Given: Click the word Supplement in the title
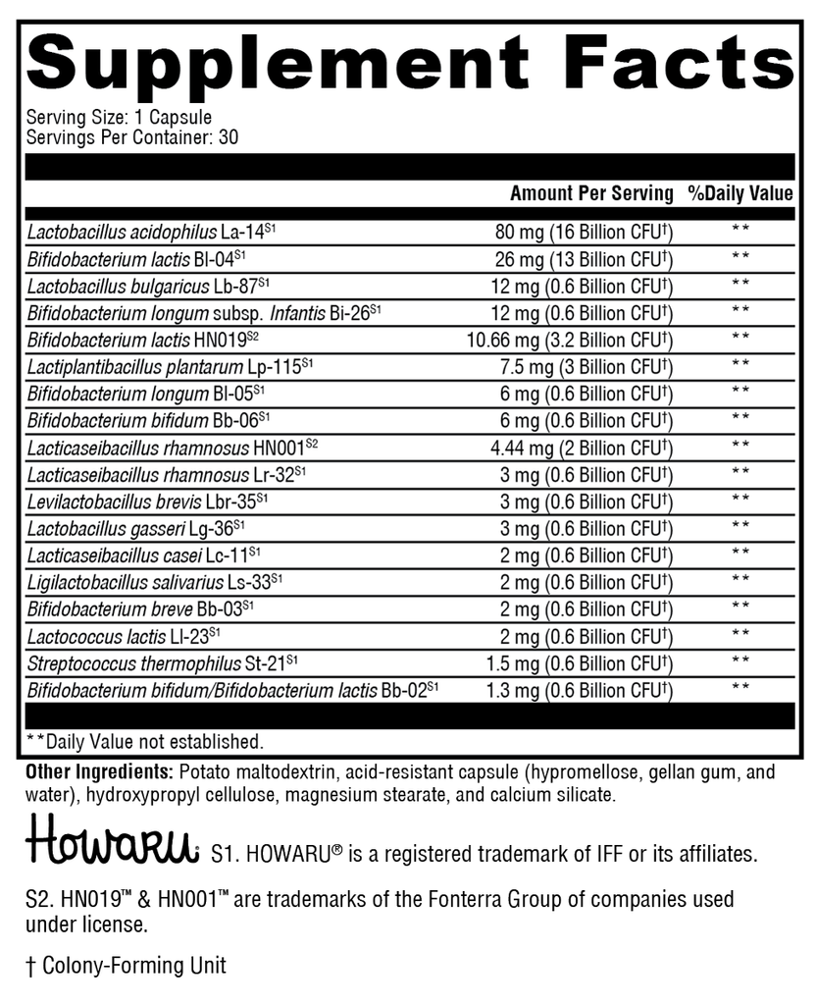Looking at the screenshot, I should click(x=277, y=64).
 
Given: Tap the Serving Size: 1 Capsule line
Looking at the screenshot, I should click(x=119, y=117).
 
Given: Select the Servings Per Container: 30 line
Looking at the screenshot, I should click(x=131, y=137).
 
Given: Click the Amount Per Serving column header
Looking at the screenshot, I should click(x=591, y=193).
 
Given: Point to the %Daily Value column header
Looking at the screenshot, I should click(x=740, y=193).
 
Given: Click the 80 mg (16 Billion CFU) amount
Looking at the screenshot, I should click(x=583, y=233).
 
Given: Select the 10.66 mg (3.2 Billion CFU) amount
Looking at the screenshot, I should click(x=570, y=341).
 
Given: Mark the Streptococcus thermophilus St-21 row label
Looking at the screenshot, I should click(x=163, y=661).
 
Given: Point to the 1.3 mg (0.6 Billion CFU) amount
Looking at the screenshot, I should click(x=579, y=689).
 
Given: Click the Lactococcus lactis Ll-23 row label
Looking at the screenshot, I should click(x=124, y=635).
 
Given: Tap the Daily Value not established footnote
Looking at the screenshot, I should click(x=144, y=741).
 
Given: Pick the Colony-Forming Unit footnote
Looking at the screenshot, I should click(x=126, y=966).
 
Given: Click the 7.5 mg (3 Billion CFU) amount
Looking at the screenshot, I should click(x=585, y=367).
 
